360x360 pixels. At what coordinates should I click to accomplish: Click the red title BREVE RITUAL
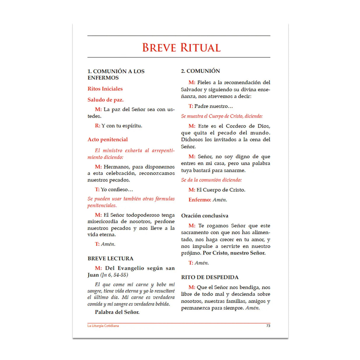(181, 48)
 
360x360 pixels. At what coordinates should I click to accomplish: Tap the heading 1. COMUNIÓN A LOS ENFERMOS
(116, 74)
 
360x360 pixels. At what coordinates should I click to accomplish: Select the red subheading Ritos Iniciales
(105, 89)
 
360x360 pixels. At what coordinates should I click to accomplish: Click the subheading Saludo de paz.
(106, 100)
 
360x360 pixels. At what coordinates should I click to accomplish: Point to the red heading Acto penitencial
(108, 139)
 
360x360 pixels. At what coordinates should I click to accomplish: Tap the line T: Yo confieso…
(114, 189)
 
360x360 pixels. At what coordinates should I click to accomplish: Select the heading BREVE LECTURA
(110, 258)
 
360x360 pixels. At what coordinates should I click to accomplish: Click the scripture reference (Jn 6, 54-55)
(114, 275)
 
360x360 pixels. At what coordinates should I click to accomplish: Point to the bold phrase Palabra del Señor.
(117, 312)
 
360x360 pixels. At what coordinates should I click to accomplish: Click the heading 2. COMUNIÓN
(200, 71)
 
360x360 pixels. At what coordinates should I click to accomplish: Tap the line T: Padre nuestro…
(211, 106)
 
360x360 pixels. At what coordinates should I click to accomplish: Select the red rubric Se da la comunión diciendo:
(211, 180)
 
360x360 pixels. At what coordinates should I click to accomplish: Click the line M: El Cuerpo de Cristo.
(217, 190)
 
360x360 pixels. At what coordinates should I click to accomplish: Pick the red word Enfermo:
(200, 200)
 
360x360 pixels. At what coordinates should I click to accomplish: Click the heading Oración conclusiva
(205, 216)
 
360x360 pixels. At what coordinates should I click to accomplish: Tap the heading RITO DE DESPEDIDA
(210, 277)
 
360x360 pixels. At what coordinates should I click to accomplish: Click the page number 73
(268, 326)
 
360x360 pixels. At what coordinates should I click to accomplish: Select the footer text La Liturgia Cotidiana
(103, 326)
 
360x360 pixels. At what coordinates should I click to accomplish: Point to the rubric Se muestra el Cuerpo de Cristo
(222, 116)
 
